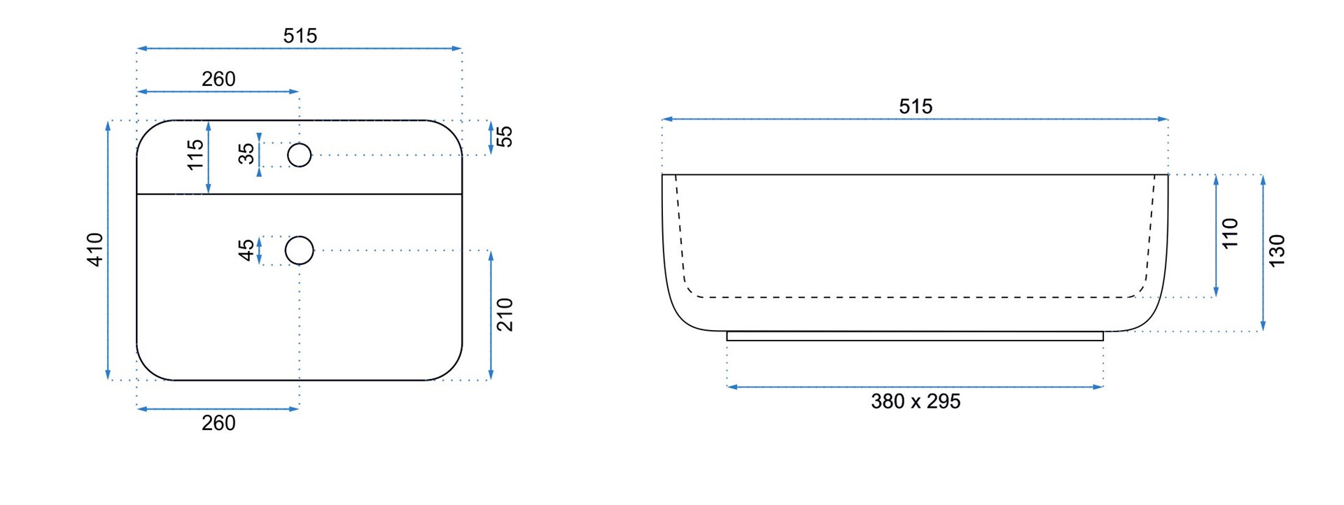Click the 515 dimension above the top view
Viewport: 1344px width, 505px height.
pyautogui.click(x=300, y=36)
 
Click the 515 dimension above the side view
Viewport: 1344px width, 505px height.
pyautogui.click(x=915, y=106)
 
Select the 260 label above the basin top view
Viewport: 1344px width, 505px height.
pyautogui.click(x=218, y=79)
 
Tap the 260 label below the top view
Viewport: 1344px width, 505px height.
pyautogui.click(x=218, y=423)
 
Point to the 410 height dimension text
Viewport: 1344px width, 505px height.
pyautogui.click(x=95, y=250)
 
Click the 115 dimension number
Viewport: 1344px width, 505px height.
pyautogui.click(x=195, y=155)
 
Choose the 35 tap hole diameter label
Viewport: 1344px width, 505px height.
pyautogui.click(x=246, y=154)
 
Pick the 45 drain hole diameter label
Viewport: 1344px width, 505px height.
pyautogui.click(x=246, y=250)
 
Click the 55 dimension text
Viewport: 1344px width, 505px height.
pyautogui.click(x=505, y=136)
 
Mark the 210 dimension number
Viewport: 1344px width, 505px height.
pyautogui.click(x=505, y=315)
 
